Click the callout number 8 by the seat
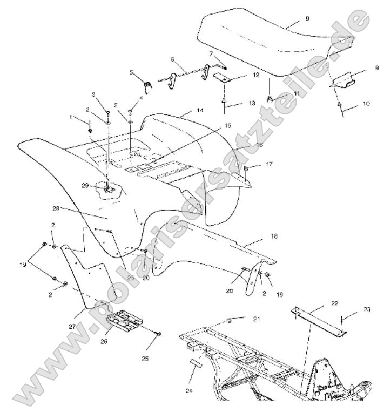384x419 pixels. pos(307,18)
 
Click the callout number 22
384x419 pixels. pos(335,304)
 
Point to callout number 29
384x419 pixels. pos(85,186)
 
